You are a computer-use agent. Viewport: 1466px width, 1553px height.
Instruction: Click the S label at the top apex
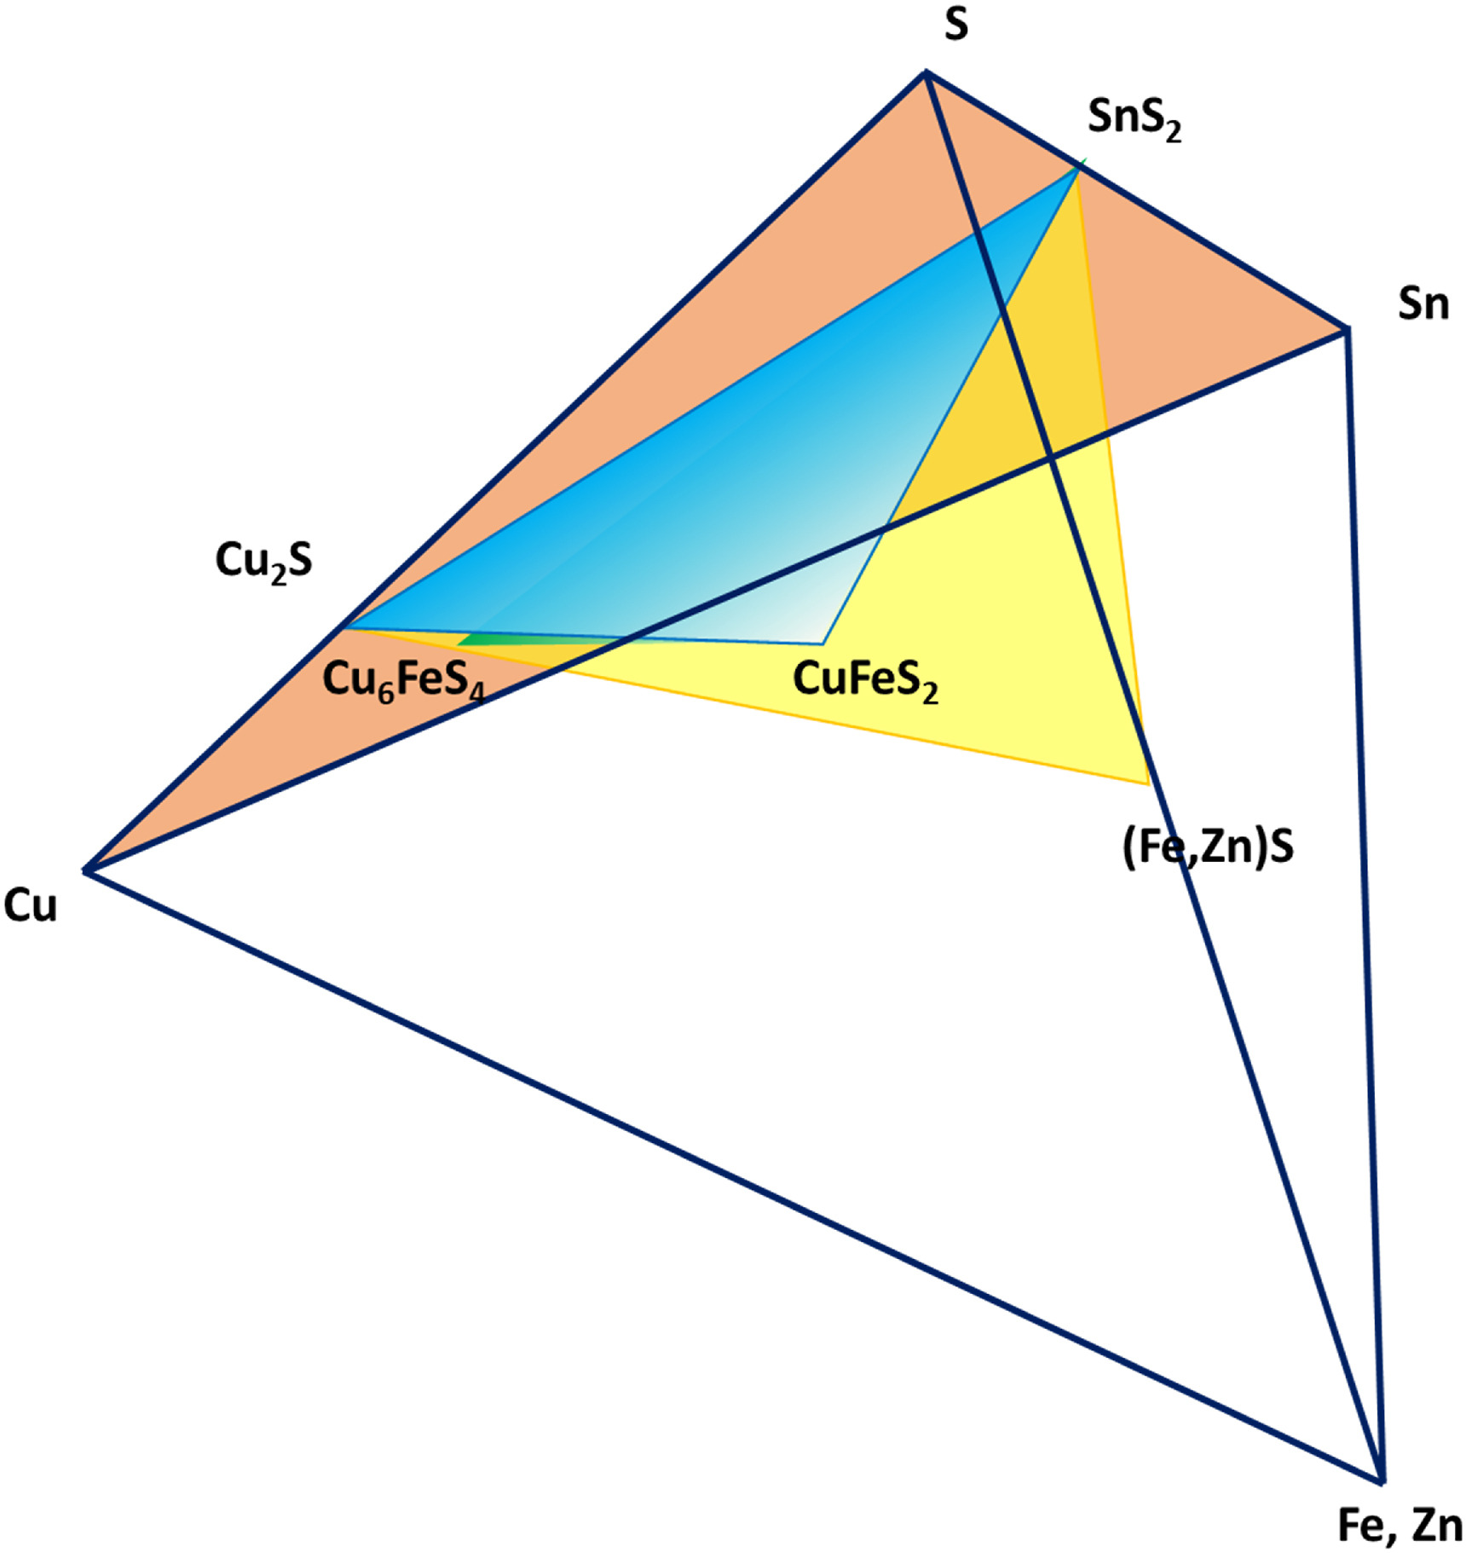956,26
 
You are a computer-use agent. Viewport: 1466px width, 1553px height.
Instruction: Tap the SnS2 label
1134,118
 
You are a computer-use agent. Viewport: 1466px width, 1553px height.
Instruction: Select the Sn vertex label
1423,304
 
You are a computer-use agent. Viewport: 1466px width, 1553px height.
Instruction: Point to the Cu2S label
263,562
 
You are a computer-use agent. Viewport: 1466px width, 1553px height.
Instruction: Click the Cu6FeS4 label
403,681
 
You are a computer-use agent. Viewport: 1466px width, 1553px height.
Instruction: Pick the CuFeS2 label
865,681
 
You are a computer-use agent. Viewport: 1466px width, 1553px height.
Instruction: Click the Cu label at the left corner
31,905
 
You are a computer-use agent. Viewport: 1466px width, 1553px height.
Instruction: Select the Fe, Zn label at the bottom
1400,1525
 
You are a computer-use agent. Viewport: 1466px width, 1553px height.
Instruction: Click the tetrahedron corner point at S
926,74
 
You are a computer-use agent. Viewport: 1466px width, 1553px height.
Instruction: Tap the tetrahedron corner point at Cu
85,870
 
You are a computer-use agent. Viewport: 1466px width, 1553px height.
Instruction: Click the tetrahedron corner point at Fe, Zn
1381,1481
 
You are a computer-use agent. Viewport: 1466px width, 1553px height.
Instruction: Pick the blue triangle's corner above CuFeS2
822,644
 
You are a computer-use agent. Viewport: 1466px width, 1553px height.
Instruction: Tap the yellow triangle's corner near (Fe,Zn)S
1147,782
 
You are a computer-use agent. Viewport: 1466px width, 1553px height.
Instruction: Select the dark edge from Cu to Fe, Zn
733,1176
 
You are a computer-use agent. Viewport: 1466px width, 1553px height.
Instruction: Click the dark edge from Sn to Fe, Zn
1364,904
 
